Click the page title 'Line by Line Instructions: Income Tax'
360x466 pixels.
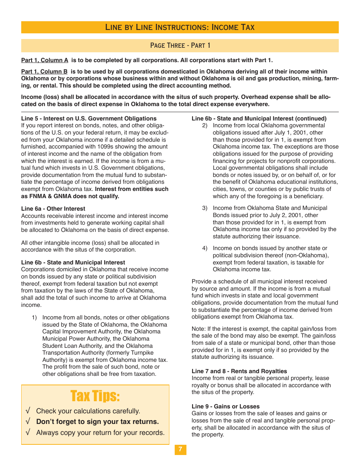point(180,27)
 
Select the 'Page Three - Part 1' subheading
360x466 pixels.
point(180,45)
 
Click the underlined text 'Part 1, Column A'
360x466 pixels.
point(45,60)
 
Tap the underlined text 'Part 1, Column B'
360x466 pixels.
point(44,72)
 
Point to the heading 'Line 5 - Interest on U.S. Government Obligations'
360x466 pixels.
point(89,119)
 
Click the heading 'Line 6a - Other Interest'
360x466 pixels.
point(53,209)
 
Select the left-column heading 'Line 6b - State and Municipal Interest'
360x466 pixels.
point(73,263)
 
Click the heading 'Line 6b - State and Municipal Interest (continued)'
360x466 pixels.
point(259,119)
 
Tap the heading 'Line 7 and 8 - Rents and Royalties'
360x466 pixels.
point(239,371)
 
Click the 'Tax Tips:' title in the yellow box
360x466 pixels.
point(95,396)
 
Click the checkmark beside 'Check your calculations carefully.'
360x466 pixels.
point(28,411)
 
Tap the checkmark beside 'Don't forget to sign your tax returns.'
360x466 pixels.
point(28,422)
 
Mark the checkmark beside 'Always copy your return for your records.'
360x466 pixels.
point(28,433)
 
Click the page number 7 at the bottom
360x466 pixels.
point(180,450)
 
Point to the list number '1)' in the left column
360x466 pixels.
point(34,317)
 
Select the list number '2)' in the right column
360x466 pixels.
point(205,125)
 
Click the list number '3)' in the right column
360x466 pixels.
point(205,208)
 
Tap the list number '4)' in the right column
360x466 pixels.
point(205,248)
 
